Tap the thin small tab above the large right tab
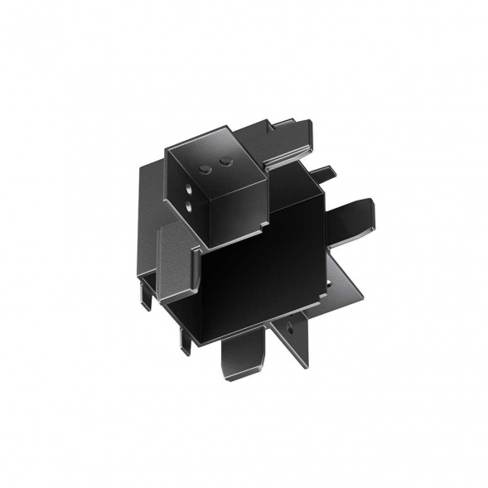click(324, 175)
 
